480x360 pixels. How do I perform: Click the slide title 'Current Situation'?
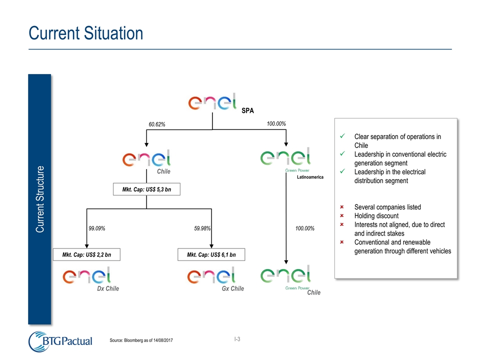[86, 33]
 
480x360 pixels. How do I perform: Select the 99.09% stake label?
[97, 228]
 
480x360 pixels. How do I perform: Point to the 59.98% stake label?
[202, 228]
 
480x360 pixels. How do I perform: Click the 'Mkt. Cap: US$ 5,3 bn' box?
[146, 189]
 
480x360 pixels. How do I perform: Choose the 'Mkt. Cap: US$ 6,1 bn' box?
[212, 254]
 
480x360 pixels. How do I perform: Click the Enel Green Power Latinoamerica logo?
[286, 159]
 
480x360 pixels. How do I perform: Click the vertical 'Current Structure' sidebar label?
[40, 198]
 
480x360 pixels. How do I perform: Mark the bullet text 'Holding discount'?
[376, 216]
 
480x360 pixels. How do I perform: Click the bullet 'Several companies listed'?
[387, 207]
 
